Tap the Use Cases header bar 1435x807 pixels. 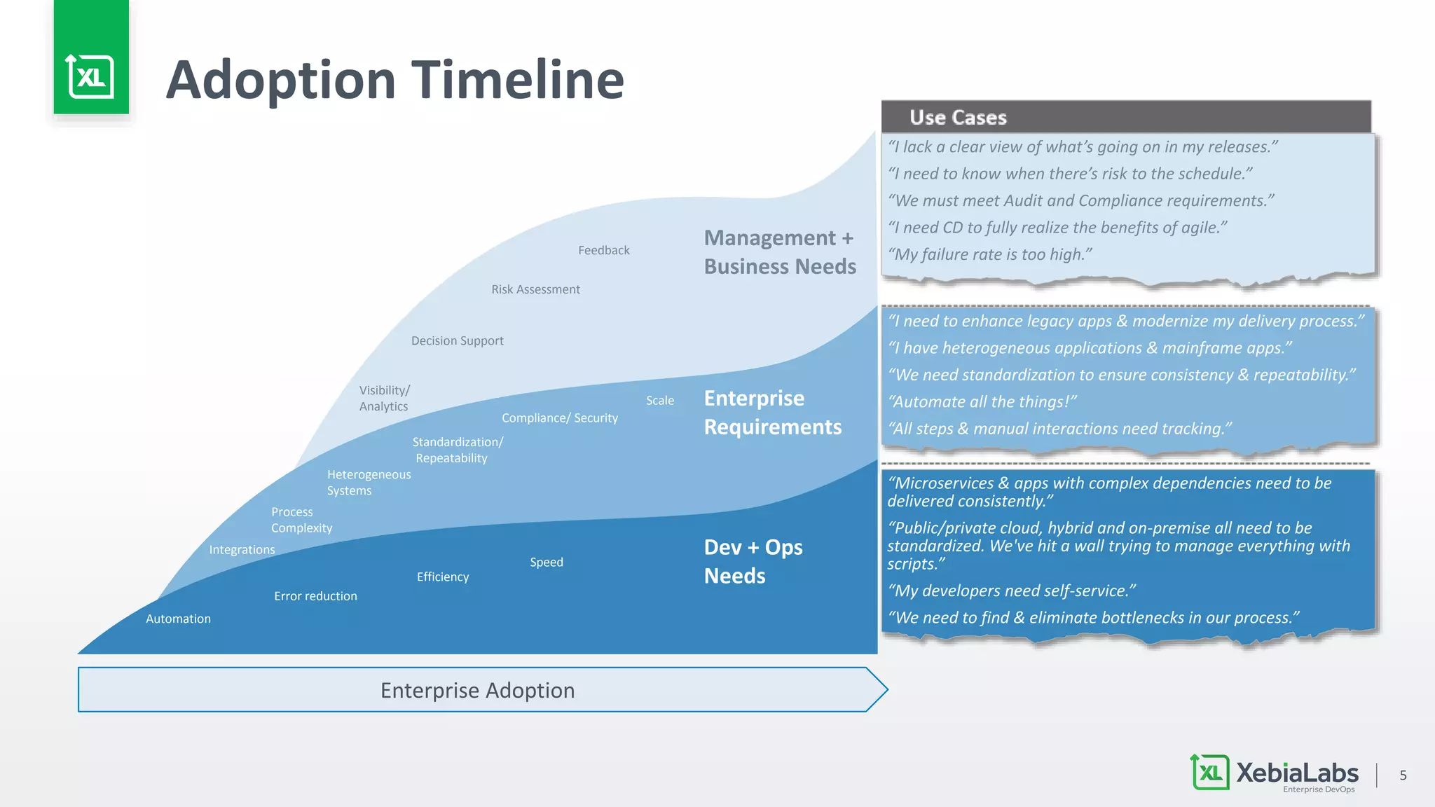(1125, 117)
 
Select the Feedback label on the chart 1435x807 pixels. (603, 250)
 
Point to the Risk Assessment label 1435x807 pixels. (535, 289)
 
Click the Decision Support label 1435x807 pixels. (457, 340)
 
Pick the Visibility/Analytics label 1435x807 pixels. (384, 398)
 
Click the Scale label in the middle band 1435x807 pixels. (659, 401)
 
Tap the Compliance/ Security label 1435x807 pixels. (559, 418)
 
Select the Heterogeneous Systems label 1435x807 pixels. (369, 483)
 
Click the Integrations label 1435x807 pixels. (242, 550)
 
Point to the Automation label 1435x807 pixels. (178, 619)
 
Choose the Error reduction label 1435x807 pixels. (315, 596)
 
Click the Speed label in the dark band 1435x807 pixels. (546, 563)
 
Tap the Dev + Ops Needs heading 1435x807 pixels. (753, 561)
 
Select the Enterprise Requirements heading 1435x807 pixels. (772, 412)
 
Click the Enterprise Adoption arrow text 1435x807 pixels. (477, 690)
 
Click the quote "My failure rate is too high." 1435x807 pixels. (990, 254)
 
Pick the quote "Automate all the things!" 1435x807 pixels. (982, 402)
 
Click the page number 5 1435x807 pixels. (1403, 775)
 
